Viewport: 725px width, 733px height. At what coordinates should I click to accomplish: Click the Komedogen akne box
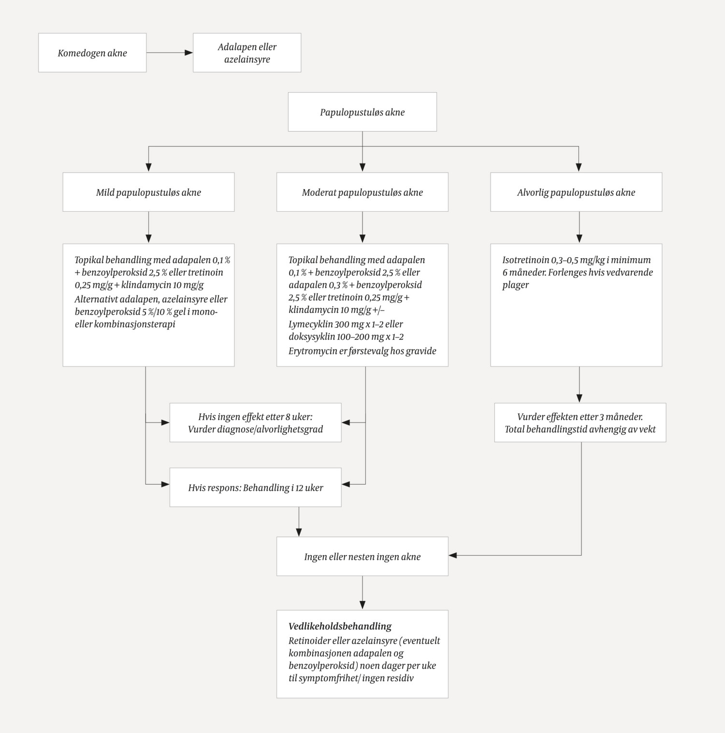[x=92, y=53]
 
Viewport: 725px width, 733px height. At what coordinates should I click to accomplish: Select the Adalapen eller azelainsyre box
[x=247, y=53]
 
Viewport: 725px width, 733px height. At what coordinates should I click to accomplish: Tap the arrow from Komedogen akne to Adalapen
[x=169, y=53]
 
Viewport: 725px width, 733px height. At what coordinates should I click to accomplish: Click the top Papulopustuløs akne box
[x=362, y=112]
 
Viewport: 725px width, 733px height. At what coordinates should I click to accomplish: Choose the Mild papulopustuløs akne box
[x=148, y=192]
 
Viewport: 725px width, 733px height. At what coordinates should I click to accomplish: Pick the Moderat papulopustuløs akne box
[x=362, y=192]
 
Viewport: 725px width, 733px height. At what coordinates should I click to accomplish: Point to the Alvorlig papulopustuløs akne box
[x=576, y=192]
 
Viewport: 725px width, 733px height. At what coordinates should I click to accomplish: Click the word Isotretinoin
[x=526, y=260]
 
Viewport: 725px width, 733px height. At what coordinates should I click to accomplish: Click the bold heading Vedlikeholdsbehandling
[x=340, y=627]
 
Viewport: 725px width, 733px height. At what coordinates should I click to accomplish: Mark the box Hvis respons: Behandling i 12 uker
[x=255, y=487]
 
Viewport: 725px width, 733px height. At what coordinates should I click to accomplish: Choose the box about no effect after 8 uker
[x=255, y=423]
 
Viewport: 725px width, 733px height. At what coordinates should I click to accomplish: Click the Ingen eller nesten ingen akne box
[x=362, y=557]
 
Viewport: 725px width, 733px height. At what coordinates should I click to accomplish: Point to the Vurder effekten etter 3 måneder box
[x=580, y=423]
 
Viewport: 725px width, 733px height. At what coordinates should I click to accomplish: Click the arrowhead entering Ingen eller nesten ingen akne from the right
[x=453, y=556]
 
